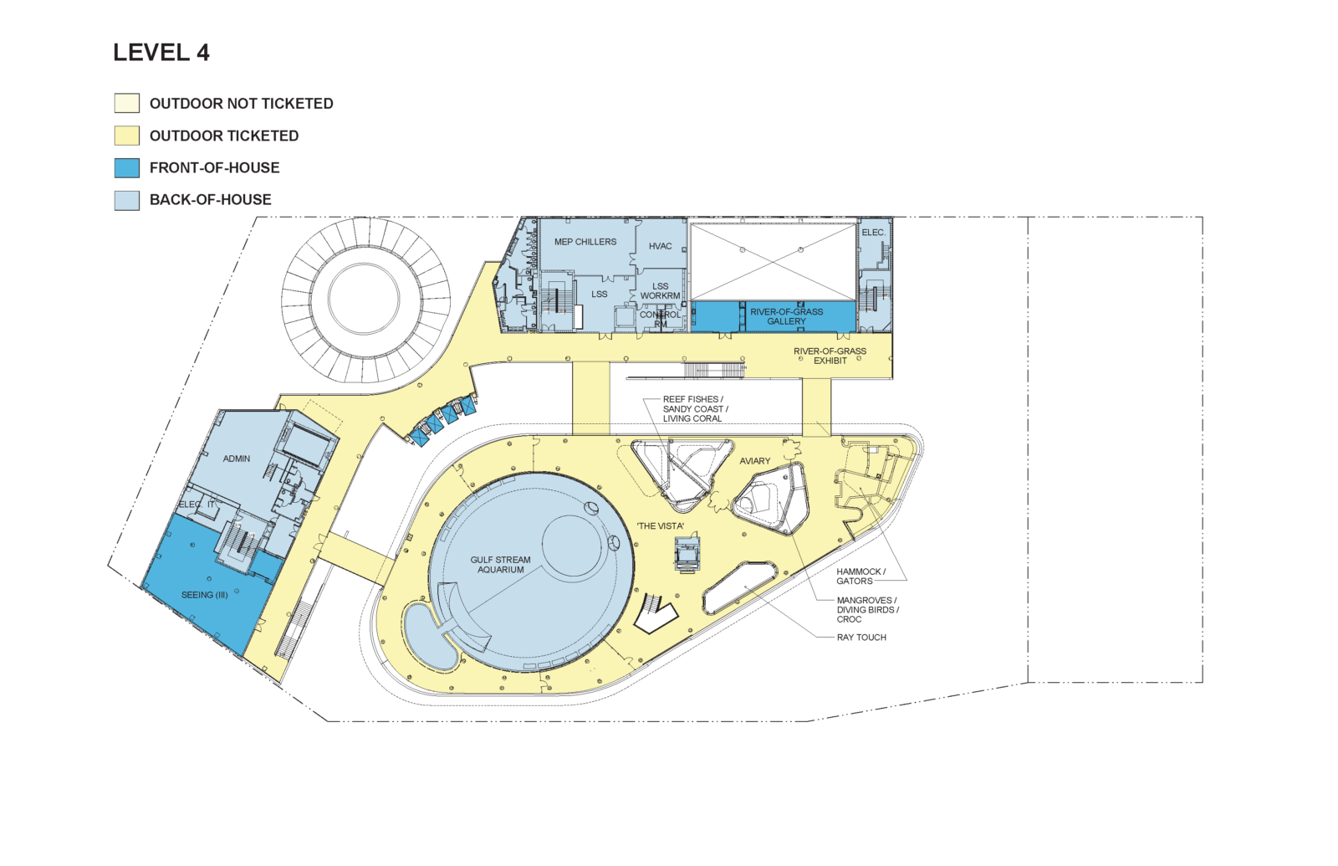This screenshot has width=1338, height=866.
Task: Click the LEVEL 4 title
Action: pyautogui.click(x=161, y=53)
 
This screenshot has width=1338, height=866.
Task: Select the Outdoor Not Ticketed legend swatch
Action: pyautogui.click(x=126, y=104)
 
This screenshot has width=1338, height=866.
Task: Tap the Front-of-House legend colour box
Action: pyautogui.click(x=126, y=168)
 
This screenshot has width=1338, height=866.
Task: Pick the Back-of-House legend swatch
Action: pyautogui.click(x=126, y=200)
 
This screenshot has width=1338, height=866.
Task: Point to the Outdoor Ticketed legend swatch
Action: pyautogui.click(x=126, y=136)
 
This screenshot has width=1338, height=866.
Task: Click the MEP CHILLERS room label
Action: pyautogui.click(x=585, y=242)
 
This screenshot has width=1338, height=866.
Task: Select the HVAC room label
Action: pyautogui.click(x=660, y=246)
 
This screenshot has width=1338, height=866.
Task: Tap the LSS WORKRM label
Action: pyautogui.click(x=660, y=291)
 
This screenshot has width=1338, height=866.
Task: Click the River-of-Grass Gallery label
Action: pyautogui.click(x=787, y=317)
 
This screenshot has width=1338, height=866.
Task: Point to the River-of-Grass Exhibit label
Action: pyautogui.click(x=830, y=356)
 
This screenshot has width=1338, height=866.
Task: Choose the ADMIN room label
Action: pyautogui.click(x=237, y=459)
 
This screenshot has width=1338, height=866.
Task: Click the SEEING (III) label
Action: pyautogui.click(x=205, y=595)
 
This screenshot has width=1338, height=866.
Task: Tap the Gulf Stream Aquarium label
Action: pyautogui.click(x=501, y=565)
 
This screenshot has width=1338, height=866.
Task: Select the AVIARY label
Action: pyautogui.click(x=755, y=461)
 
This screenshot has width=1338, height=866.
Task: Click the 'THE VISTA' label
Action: pyautogui.click(x=661, y=526)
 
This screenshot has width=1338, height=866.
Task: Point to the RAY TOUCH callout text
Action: pyautogui.click(x=861, y=638)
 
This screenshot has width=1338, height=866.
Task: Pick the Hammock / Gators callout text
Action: pyautogui.click(x=861, y=576)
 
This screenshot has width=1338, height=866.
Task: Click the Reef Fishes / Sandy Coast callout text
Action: pyautogui.click(x=695, y=409)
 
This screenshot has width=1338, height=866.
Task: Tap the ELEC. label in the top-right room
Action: pyautogui.click(x=873, y=233)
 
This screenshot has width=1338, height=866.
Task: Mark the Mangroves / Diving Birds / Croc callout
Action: pyautogui.click(x=867, y=610)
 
